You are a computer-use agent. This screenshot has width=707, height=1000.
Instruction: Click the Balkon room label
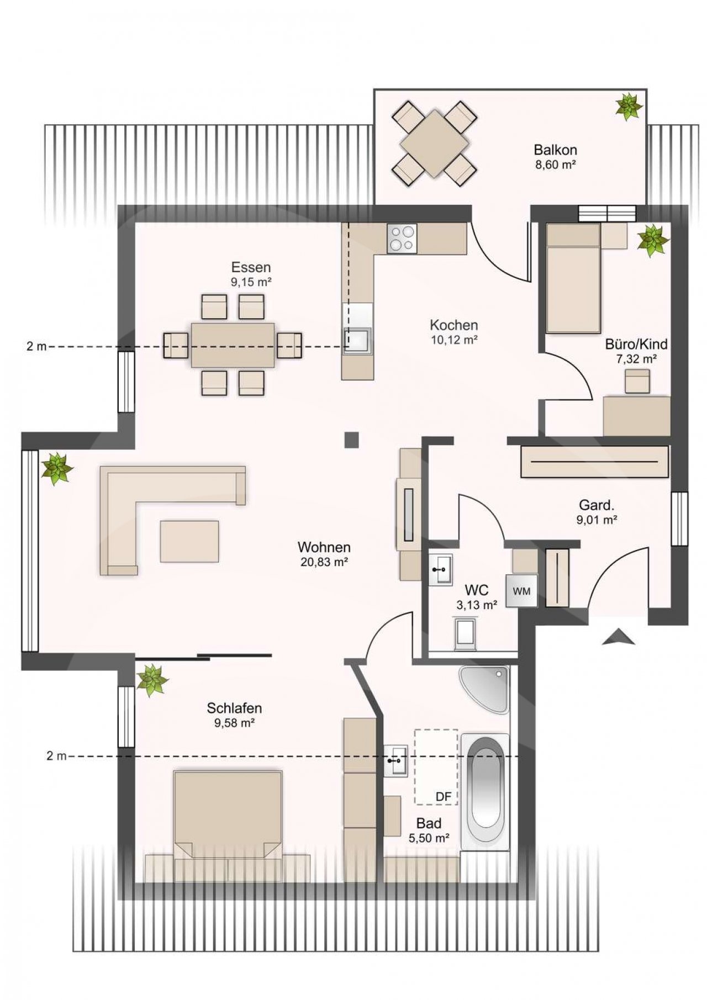pos(555,150)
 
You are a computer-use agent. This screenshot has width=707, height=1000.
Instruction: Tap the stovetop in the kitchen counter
pos(402,239)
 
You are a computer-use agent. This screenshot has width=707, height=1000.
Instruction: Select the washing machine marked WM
pos(521,591)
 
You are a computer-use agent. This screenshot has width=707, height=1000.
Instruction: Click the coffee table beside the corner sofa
pos(189,541)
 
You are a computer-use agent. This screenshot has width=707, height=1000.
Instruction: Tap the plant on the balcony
pos(629,107)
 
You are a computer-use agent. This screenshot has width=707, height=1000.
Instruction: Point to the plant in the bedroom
pos(152,680)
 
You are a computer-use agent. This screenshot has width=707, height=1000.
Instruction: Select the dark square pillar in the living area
pos(352,440)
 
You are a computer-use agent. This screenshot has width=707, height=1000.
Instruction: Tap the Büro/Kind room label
pos(636,345)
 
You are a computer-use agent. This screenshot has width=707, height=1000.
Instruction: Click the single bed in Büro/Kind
pos(573,278)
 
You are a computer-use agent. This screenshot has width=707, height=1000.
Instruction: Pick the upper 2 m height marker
pos(36,347)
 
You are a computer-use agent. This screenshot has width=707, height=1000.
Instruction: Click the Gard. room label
pos(597,505)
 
